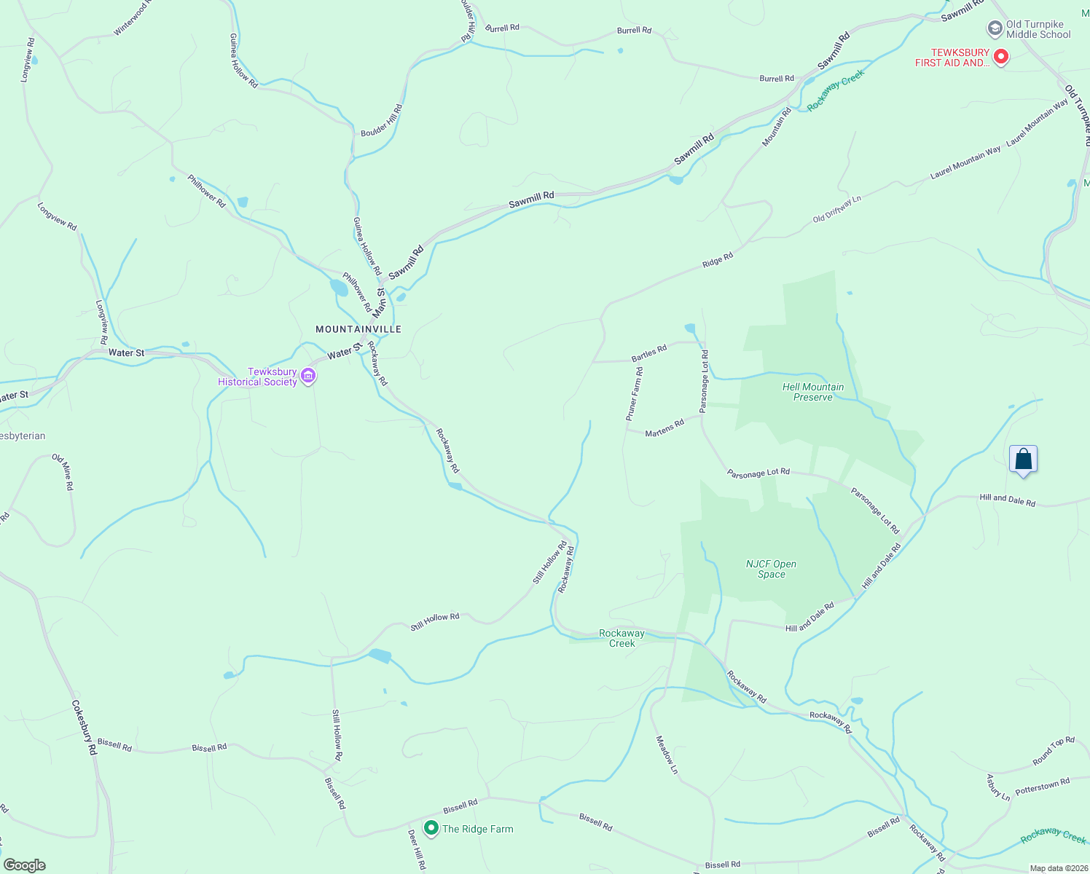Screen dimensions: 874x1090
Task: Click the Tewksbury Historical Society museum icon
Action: point(308,376)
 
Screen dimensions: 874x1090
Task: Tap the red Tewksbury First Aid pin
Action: point(1001,57)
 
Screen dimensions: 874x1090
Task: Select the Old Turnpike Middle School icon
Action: point(995,29)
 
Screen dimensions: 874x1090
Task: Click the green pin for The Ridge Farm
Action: point(431,828)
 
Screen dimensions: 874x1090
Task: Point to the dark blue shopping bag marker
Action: point(1023,460)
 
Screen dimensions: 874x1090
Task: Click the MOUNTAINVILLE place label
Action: point(358,329)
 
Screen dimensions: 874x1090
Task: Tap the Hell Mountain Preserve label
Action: point(813,392)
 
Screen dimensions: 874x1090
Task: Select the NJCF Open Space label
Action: point(771,569)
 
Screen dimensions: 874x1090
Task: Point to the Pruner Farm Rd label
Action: point(634,394)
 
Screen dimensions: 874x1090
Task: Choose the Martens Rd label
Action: point(664,428)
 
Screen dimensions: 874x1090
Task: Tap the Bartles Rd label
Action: point(649,353)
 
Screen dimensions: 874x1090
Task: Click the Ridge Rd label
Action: point(718,260)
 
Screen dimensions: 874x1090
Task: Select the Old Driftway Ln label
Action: point(837,208)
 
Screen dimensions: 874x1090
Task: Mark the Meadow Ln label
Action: point(667,754)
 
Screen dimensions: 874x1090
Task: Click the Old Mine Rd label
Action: point(63,471)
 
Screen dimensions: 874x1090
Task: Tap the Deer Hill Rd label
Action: point(416,849)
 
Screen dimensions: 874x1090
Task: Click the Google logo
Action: point(24,865)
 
